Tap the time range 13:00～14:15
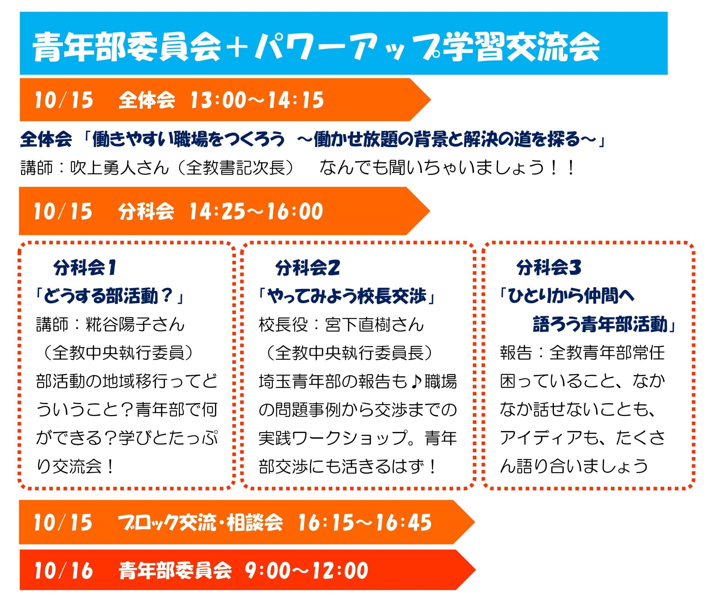tap(257, 100)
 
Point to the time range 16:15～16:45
tap(364, 522)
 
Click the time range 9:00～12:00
tap(307, 570)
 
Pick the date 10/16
tap(63, 570)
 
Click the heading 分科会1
tap(85, 268)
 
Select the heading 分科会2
tap(308, 268)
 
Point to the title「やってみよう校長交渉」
tap(347, 296)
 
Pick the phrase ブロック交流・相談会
tap(200, 522)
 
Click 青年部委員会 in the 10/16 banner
tap(175, 570)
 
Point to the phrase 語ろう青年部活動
tap(600, 324)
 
